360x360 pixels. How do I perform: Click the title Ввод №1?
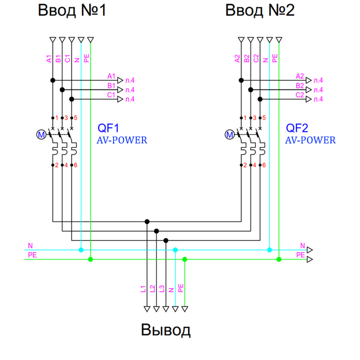tap(72, 10)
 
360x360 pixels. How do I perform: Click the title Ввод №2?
tap(259, 10)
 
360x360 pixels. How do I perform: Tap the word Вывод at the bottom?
tap(165, 330)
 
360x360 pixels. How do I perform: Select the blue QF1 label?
tap(108, 128)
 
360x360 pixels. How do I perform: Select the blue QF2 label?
tap(296, 128)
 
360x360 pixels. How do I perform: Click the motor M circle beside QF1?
tap(41, 134)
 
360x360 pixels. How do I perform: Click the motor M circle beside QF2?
tap(229, 134)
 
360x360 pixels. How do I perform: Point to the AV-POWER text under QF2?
tap(310, 140)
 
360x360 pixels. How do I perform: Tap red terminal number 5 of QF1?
tap(75, 118)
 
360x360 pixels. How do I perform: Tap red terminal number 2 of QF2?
tap(245, 165)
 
